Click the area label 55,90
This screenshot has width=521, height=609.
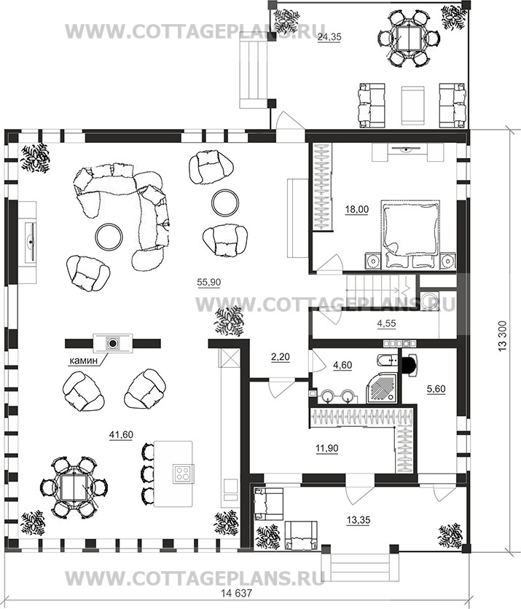[208, 283]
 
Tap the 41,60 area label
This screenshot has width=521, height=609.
[121, 435]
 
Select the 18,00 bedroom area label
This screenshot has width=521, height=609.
[356, 209]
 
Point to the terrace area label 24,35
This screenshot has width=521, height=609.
[329, 37]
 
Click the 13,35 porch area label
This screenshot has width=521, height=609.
[359, 519]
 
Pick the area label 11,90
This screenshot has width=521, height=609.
[326, 448]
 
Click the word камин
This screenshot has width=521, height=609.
[83, 361]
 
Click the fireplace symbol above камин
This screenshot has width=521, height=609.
[113, 343]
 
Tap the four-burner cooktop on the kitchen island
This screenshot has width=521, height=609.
[184, 474]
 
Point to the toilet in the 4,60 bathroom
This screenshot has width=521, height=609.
[388, 361]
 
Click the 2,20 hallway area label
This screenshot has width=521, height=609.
[280, 356]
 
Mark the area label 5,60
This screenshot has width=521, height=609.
[436, 389]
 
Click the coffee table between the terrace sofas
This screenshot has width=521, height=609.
[412, 105]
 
